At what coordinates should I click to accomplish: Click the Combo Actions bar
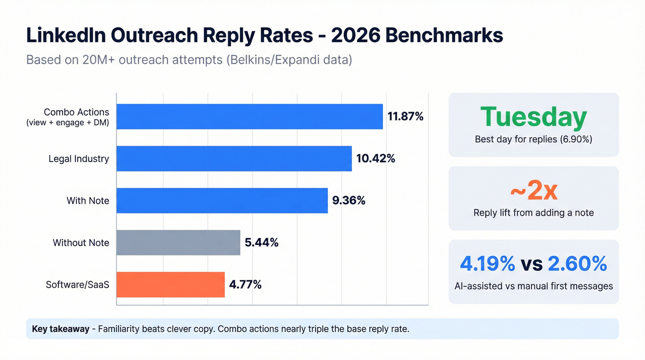pos(249,117)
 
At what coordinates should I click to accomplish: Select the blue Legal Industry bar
pos(234,159)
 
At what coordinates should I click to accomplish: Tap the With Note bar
pos(222,201)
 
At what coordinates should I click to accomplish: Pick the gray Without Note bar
pos(178,242)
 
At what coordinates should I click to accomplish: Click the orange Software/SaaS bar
pos(170,284)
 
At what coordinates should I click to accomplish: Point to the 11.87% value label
pos(405,117)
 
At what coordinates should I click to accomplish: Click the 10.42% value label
pos(376,159)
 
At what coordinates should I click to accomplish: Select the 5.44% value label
pos(262,242)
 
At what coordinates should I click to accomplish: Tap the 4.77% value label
pos(246,284)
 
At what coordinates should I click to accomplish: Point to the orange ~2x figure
pos(534,191)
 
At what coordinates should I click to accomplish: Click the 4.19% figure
pos(487,264)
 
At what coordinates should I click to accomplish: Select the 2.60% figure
pos(577,264)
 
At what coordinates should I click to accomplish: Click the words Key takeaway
pos(60,329)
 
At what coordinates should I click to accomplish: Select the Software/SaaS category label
pos(77,284)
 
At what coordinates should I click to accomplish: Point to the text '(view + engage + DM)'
pos(68,123)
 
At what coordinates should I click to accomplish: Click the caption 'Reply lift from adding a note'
pos(534,212)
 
